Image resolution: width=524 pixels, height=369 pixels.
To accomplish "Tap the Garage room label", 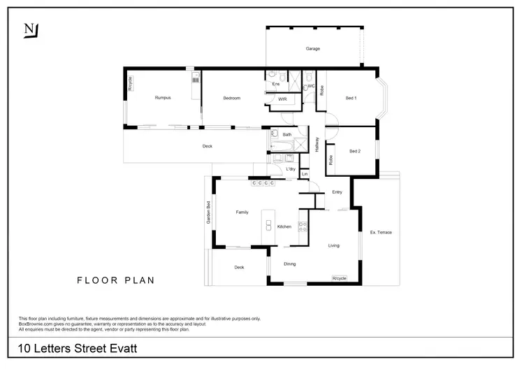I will pos(312,49).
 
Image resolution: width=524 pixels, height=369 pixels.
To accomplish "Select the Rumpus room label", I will pos(163,98).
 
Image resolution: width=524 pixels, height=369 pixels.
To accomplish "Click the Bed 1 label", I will pos(351,98).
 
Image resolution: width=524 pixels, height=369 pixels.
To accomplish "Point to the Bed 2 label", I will pos(355,151).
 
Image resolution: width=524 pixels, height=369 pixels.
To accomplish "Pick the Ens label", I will pos(276,85).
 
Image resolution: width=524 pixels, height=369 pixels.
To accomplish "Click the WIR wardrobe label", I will pos(282,99).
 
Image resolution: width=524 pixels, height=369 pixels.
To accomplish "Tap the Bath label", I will pos(286,134).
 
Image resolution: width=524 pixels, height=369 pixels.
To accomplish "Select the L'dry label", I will pos(291,169).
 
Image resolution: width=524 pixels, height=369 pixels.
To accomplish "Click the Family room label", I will pos(242,212).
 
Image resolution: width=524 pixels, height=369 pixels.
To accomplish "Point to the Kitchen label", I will pos(284,226).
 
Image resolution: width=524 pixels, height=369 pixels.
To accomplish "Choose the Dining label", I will pos(290,263).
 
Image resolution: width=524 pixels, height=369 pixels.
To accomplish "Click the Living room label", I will pos(334,245).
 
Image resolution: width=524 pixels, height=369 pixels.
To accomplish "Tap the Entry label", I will pos(337,192).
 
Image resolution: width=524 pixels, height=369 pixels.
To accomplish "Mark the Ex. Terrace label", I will pos(381,231).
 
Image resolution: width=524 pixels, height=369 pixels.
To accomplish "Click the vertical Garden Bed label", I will pos(208,213).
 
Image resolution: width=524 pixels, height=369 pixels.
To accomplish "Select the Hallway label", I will pos(317,144).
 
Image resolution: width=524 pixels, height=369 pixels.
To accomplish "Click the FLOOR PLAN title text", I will pos(115,280).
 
